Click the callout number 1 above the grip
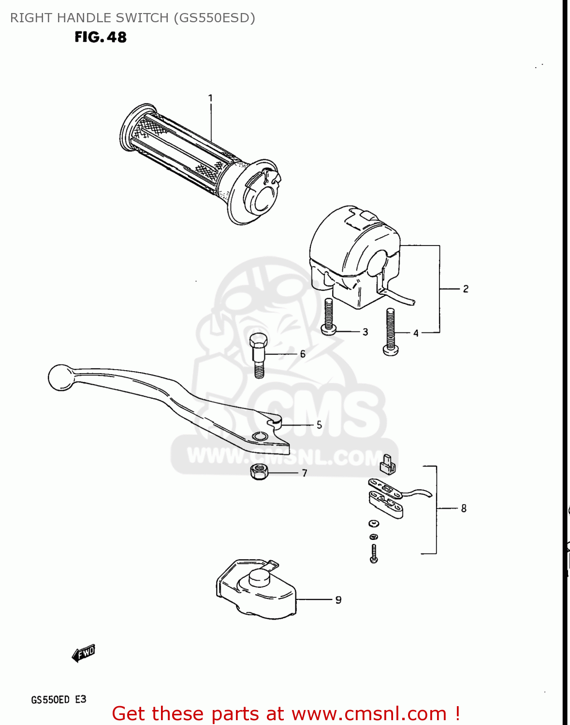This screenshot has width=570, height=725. click(210, 98)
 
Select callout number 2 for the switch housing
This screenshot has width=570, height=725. click(466, 289)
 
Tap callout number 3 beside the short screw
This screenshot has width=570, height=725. click(365, 332)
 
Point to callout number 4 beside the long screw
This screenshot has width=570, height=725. click(416, 333)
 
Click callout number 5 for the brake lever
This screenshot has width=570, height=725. click(319, 425)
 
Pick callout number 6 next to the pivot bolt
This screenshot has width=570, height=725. click(303, 354)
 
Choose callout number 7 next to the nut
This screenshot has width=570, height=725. click(305, 473)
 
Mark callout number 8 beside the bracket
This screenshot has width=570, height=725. click(464, 508)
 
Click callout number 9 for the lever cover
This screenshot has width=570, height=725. click(338, 600)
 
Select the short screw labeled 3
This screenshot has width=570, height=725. click(329, 317)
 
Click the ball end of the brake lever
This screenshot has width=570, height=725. click(60, 377)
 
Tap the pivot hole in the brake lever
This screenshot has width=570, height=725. click(260, 436)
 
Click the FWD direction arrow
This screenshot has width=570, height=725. click(84, 653)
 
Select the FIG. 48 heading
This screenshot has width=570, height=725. click(101, 37)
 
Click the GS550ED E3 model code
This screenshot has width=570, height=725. click(58, 699)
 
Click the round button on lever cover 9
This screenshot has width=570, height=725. click(260, 578)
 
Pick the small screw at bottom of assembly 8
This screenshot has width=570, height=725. click(373, 553)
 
